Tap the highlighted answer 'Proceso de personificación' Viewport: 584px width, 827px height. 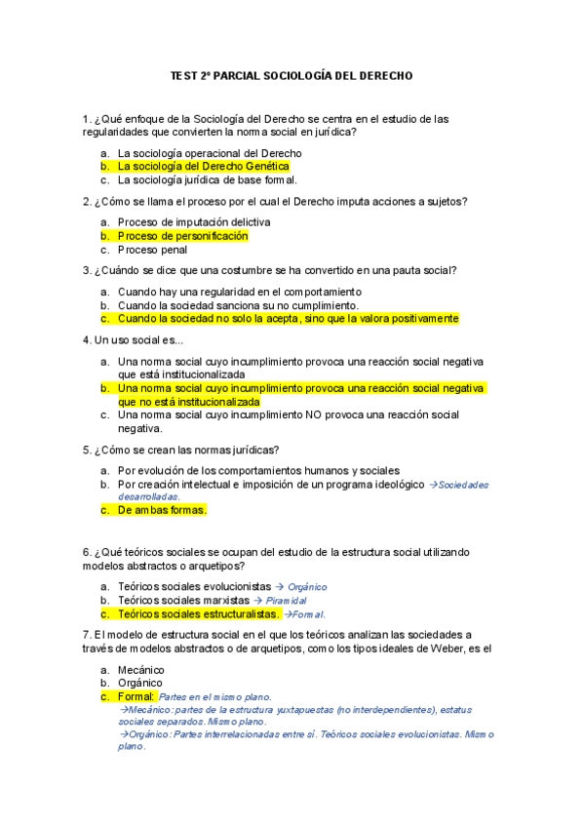click(182, 236)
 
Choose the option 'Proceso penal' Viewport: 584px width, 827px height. click(153, 250)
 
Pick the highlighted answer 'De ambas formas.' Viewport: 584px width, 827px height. click(162, 510)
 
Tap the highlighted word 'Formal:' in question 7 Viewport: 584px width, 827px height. click(136, 697)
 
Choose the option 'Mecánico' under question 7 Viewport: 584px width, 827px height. click(141, 670)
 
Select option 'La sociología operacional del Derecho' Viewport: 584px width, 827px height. click(209, 153)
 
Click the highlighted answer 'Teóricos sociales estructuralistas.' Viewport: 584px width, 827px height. click(198, 614)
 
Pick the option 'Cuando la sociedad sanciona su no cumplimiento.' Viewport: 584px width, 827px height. click(238, 305)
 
